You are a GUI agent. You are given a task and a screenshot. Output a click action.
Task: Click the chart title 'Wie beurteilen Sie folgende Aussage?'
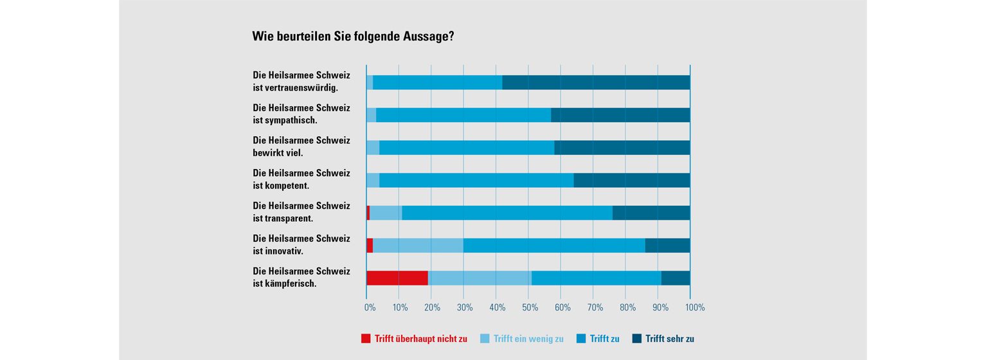[x=353, y=37]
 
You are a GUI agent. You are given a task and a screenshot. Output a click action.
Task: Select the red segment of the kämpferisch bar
[x=397, y=278]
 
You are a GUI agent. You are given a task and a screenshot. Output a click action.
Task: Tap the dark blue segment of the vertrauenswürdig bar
[x=596, y=82]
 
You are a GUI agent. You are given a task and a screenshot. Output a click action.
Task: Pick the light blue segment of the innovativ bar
[x=418, y=245]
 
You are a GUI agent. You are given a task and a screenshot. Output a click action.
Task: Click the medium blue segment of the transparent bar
[x=507, y=213]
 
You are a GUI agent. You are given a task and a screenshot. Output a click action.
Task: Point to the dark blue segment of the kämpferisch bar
[x=676, y=278]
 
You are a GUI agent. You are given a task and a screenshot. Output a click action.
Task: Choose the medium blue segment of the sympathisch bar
[x=463, y=115]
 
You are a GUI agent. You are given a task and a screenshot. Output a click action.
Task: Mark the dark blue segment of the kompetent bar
[x=632, y=180]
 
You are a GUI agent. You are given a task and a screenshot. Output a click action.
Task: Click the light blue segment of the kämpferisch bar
[x=480, y=278]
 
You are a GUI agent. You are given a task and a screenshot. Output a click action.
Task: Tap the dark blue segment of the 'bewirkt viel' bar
[x=622, y=147]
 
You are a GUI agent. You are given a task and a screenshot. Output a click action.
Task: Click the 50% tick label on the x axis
[x=530, y=308]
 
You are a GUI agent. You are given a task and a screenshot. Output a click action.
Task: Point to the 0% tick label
[x=370, y=308]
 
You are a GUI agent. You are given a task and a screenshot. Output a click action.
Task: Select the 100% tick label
[x=695, y=308]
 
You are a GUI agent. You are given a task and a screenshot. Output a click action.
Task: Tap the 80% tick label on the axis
[x=629, y=308]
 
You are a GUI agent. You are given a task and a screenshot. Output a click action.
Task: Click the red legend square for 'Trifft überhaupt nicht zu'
[x=366, y=338]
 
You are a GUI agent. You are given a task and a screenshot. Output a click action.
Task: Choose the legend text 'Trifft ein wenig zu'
[x=528, y=339]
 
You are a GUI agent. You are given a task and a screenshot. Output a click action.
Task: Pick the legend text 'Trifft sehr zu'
[x=670, y=339]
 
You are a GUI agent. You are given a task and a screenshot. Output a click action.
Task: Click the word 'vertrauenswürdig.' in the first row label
[x=296, y=88]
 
